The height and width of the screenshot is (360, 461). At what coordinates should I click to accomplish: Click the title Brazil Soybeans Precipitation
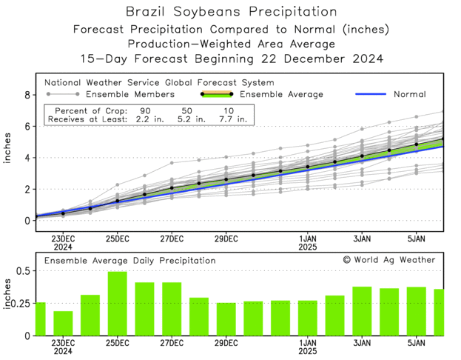pyautogui.click(x=230, y=12)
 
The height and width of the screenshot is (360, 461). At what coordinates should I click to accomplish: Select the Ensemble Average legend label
pyautogui.click(x=282, y=94)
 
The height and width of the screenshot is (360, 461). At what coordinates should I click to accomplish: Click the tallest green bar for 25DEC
pyautogui.click(x=118, y=304)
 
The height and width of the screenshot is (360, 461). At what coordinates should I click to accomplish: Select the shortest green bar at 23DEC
pyautogui.click(x=64, y=323)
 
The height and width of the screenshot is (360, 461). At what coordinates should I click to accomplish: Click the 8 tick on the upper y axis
pyautogui.click(x=27, y=96)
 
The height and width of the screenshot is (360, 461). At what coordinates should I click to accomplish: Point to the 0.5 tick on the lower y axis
pyautogui.click(x=22, y=271)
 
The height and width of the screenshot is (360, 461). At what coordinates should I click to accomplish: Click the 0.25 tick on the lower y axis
pyautogui.click(x=20, y=304)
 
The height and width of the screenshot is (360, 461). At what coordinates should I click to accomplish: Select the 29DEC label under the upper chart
pyautogui.click(x=226, y=239)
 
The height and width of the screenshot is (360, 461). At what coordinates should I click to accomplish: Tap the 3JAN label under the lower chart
pyautogui.click(x=362, y=344)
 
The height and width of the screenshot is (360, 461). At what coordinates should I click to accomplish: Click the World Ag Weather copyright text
pyautogui.click(x=389, y=260)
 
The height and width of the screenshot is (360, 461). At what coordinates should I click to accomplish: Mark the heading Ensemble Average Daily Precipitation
pyautogui.click(x=130, y=261)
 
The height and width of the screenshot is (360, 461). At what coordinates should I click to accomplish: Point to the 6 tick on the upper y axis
pyautogui.click(x=27, y=127)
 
